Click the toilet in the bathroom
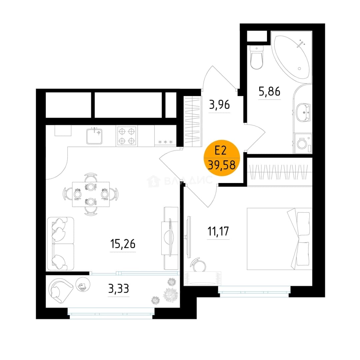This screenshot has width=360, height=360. pyautogui.click(x=256, y=57)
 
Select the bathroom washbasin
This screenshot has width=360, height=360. pyautogui.click(x=303, y=113)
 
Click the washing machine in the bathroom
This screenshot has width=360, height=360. pyautogui.click(x=303, y=144)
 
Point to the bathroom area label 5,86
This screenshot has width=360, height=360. pyautogui.click(x=269, y=91)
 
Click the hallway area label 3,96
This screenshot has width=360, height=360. pyautogui.click(x=219, y=105)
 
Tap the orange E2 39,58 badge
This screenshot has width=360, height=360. pyautogui.click(x=222, y=158)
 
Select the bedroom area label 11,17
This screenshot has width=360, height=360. pyautogui.click(x=218, y=231)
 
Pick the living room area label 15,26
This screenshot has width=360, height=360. pyautogui.click(x=123, y=244)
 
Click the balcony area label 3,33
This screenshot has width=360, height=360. pyautogui.click(x=118, y=289)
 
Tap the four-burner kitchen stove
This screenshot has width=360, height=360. pyautogui.click(x=127, y=136)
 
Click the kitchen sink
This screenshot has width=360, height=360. pyautogui.click(x=94, y=136)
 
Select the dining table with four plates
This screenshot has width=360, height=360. pyautogui.click(x=91, y=194)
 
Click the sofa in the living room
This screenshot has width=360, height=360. pyautogui.click(x=61, y=244)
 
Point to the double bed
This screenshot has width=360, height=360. pyautogui.click(x=279, y=239)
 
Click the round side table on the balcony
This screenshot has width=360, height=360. pyautogui.click(x=83, y=284)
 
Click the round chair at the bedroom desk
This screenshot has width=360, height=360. pyautogui.click(x=198, y=264)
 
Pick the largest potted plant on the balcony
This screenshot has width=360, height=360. pyautogui.click(x=171, y=295)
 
